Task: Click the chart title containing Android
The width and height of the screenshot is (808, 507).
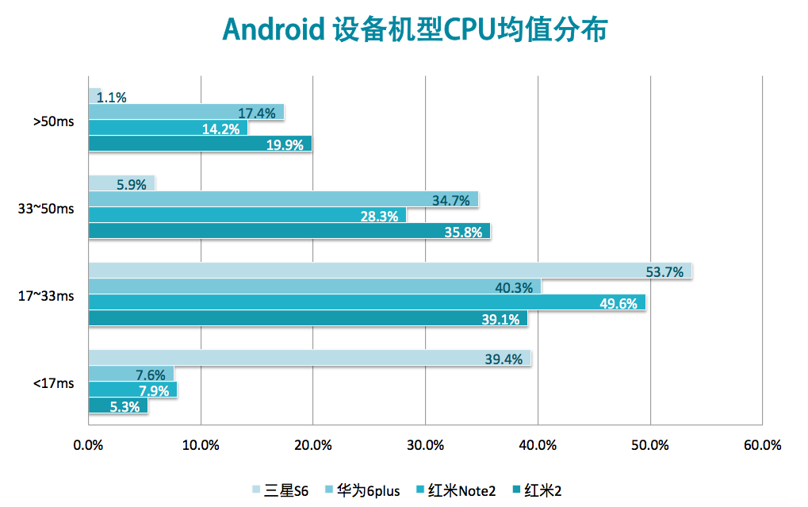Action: [x=415, y=29]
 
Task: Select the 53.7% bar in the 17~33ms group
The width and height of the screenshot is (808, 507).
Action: [x=389, y=271]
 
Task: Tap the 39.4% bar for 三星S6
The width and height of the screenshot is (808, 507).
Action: [x=309, y=359]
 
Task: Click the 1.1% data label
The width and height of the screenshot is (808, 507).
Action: [x=112, y=98]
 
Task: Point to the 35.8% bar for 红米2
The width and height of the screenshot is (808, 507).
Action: [x=289, y=231]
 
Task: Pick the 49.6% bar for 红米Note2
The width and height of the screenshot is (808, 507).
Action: [x=366, y=302]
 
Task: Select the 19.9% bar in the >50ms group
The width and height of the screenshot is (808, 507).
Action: [x=200, y=144]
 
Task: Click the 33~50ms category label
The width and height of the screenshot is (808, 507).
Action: [x=46, y=209]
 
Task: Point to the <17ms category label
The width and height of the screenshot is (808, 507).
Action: [x=53, y=383]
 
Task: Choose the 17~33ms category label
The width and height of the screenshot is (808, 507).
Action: [x=46, y=296]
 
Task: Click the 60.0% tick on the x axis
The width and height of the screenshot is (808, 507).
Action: [x=762, y=445]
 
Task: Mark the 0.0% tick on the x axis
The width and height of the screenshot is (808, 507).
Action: [x=88, y=445]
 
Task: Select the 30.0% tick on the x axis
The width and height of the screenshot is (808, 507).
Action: [x=425, y=445]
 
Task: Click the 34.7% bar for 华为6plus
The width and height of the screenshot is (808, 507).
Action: [x=283, y=199]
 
